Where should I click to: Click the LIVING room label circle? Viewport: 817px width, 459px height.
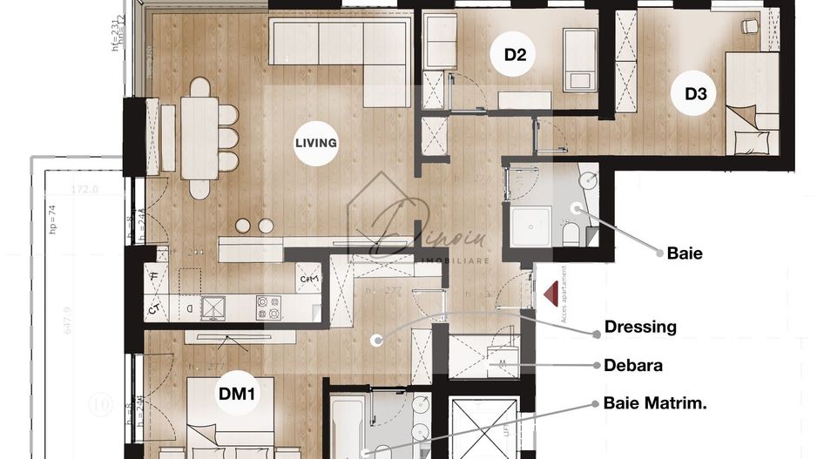315,143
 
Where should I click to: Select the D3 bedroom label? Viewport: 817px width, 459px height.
694,93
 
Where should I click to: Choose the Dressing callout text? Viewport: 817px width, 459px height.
640,327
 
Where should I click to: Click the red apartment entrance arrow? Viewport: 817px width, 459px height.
550,294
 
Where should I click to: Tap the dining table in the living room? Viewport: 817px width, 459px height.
199,138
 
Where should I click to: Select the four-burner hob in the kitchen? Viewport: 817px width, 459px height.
268,307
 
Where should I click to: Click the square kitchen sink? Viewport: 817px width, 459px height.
213,307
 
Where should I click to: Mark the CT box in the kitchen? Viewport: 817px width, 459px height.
154,308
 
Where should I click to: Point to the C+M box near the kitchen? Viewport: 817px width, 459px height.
308,279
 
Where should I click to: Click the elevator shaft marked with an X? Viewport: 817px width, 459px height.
484,429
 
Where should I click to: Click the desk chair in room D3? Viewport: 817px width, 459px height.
749,27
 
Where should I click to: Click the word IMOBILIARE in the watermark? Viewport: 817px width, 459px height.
455,260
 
